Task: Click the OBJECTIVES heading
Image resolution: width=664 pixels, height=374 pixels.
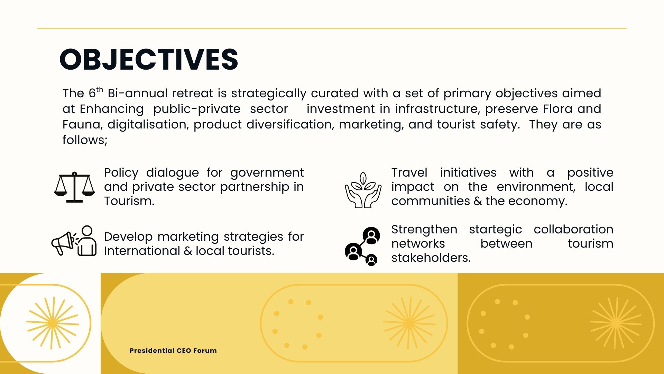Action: click(149, 59)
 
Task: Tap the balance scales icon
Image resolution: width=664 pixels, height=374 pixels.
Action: click(74, 187)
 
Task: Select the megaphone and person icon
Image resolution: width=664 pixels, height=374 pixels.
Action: click(74, 241)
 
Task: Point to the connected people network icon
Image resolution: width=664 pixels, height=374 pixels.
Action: click(362, 246)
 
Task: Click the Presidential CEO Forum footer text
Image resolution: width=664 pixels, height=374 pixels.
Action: click(173, 350)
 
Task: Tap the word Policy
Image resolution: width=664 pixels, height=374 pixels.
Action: click(121, 173)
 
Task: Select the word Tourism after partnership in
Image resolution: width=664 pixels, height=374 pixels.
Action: click(129, 201)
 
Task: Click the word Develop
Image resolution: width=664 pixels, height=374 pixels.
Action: click(128, 237)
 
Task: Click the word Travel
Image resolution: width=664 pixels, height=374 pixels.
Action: click(409, 172)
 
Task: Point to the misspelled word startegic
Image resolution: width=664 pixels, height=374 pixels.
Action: click(495, 230)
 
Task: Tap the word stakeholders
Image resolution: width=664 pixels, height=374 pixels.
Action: click(431, 258)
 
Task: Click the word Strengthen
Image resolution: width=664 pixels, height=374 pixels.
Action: click(424, 230)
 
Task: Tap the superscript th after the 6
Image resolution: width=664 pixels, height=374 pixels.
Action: click(100, 90)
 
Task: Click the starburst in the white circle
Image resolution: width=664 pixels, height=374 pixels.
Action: click(53, 323)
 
